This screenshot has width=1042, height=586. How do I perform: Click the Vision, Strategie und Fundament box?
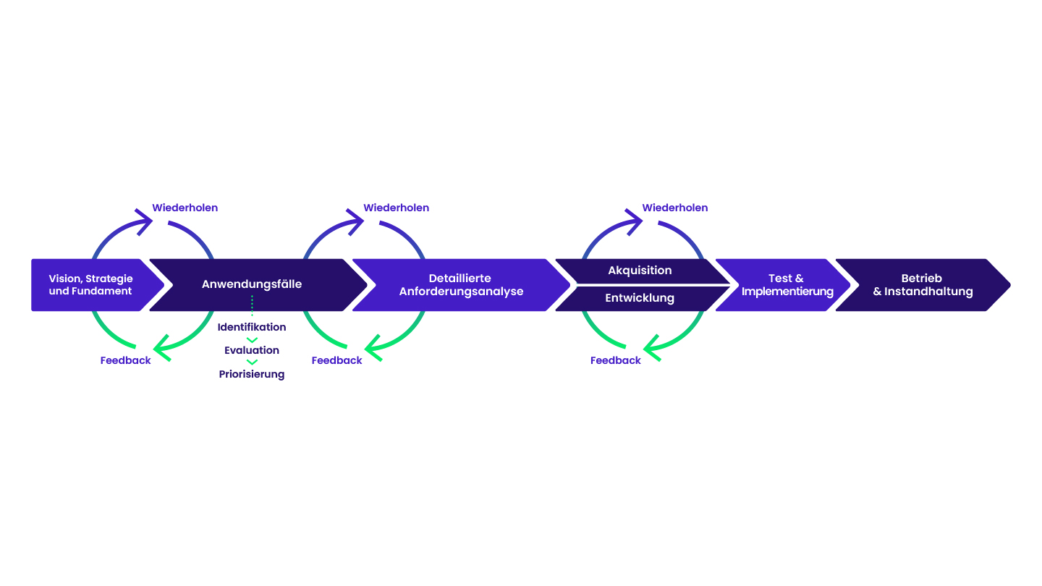tap(90, 285)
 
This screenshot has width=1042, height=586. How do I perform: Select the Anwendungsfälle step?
tap(252, 284)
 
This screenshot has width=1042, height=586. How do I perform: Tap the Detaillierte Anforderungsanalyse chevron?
tap(461, 285)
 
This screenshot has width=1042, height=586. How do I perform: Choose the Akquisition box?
tap(640, 271)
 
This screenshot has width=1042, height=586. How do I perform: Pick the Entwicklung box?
tap(640, 298)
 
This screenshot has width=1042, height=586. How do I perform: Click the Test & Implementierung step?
tap(787, 285)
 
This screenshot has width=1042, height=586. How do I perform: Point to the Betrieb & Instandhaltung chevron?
tap(923, 285)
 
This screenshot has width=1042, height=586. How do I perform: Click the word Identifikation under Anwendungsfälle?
tap(252, 327)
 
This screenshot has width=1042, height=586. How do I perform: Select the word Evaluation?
tap(252, 350)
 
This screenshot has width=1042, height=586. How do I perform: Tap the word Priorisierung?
tap(252, 374)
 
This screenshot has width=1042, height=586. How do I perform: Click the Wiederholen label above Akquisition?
tap(675, 208)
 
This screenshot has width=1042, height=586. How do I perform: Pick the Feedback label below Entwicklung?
tap(615, 360)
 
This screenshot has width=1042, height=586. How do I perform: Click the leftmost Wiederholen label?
tap(185, 208)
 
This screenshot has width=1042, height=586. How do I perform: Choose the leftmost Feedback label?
tap(125, 360)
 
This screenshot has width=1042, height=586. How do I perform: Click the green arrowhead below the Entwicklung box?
tap(651, 347)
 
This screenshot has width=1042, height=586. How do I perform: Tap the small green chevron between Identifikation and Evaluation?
tap(252, 339)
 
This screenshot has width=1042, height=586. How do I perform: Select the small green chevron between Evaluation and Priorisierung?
tap(252, 362)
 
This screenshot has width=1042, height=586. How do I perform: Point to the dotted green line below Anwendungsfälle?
tap(252, 306)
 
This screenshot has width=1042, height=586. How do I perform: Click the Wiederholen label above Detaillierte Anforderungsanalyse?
tap(396, 208)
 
